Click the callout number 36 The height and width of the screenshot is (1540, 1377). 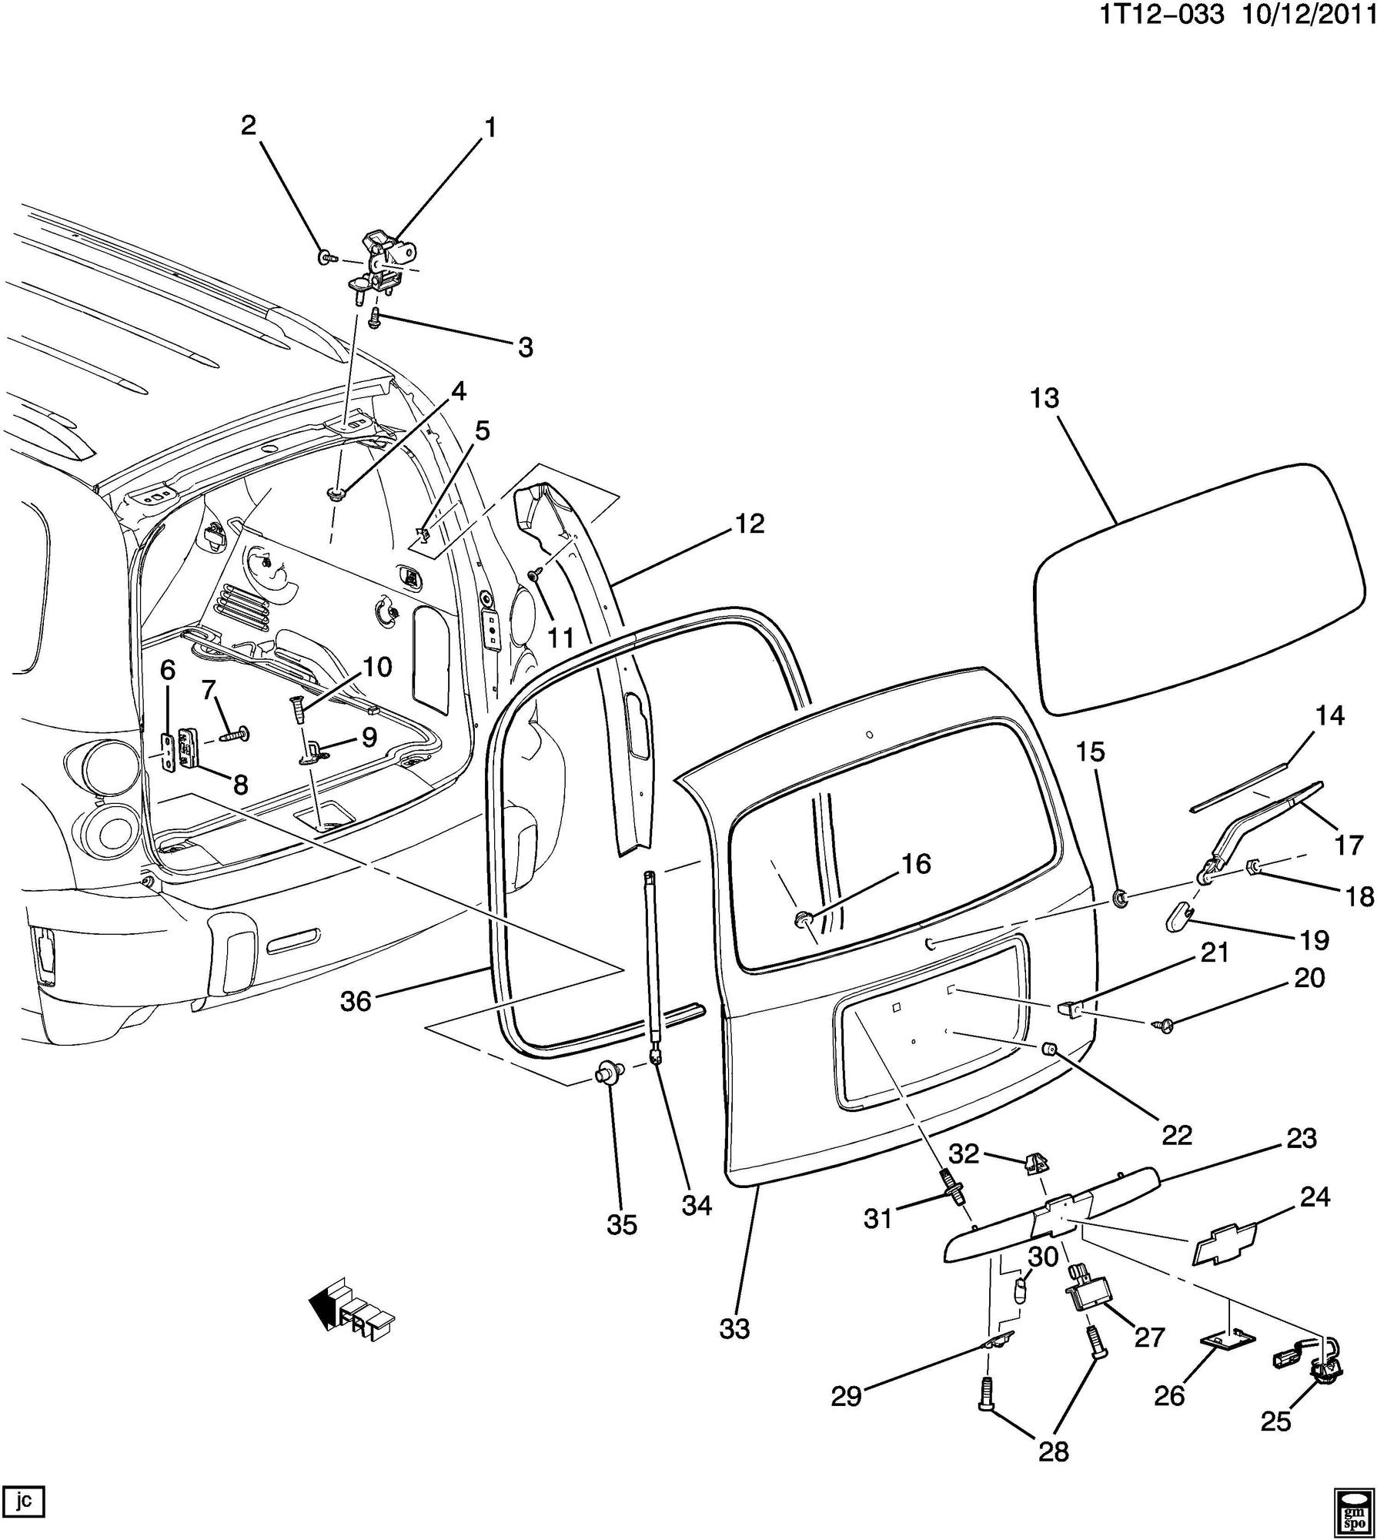pos(356,1002)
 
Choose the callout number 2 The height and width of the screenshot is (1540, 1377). pos(248,125)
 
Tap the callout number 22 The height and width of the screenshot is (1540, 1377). pos(1177,1134)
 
